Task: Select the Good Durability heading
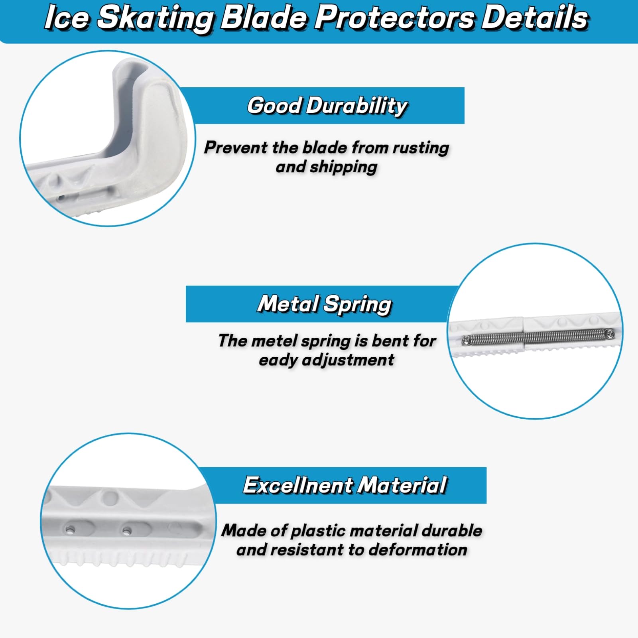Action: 327,106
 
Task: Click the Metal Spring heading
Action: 325,304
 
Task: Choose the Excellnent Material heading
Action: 345,485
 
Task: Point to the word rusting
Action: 421,148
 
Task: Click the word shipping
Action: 343,167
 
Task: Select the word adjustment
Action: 348,360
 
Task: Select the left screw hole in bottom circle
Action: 70,530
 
